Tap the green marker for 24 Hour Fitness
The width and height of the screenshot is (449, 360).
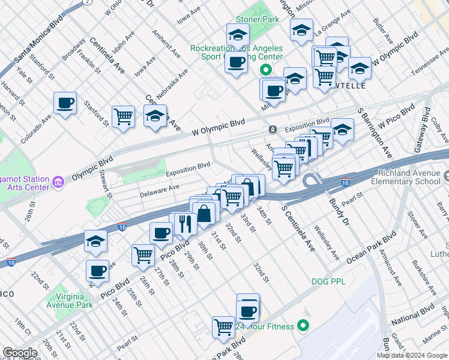303,326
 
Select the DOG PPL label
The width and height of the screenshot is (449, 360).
326,281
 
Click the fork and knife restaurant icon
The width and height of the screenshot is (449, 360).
185,223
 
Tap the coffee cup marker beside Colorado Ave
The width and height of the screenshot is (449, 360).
65,103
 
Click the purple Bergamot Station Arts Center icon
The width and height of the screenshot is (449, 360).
58,181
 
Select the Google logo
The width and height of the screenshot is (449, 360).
20,353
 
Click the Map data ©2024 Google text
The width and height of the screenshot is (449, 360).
411,355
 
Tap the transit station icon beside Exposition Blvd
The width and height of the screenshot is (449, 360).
272,129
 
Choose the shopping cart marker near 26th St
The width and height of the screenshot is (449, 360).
143,255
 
